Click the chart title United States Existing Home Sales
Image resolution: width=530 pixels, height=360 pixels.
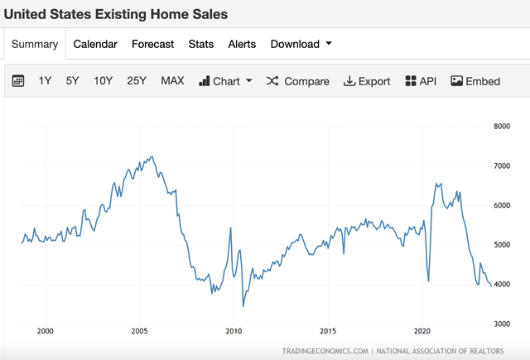tap(116, 14)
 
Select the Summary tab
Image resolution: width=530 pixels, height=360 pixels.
tap(35, 45)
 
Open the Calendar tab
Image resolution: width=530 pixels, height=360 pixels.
tap(95, 45)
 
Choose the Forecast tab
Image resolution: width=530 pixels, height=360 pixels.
tap(152, 45)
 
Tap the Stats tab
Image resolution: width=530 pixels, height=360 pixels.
tap(200, 45)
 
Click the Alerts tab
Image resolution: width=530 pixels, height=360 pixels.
tap(242, 45)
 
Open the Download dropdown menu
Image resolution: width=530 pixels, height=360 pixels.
tap(301, 45)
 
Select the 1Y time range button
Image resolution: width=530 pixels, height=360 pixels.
tap(46, 81)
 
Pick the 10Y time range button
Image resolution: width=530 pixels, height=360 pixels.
tap(103, 81)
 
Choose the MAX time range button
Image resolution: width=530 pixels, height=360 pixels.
tap(172, 81)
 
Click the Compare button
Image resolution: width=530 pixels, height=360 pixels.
tap(298, 81)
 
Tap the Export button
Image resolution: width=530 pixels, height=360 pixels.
tap(367, 81)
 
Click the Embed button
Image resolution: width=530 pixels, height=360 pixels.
tap(475, 81)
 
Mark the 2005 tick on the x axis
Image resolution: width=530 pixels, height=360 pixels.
tap(139, 330)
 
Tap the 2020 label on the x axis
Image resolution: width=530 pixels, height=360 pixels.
tap(422, 330)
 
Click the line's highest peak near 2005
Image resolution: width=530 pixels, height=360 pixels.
tap(151, 156)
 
